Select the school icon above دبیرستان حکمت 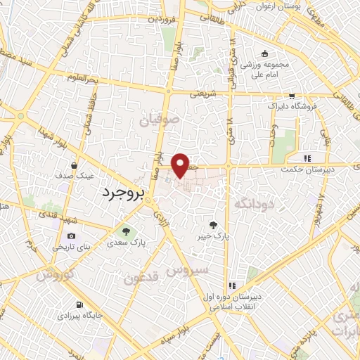[x=306, y=159]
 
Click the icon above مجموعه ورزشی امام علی [x=264, y=53]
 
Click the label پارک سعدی [x=126, y=242]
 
